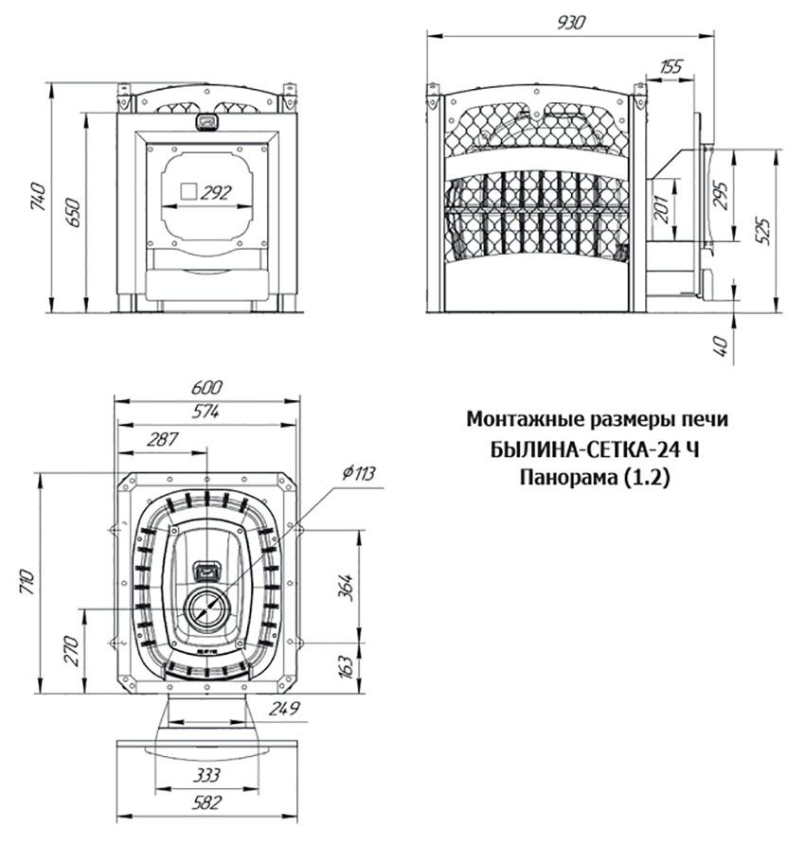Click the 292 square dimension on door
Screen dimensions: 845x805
[217, 192]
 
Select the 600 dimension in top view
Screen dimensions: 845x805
[206, 388]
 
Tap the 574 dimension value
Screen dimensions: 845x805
[206, 413]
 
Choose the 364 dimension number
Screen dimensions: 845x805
[346, 588]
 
